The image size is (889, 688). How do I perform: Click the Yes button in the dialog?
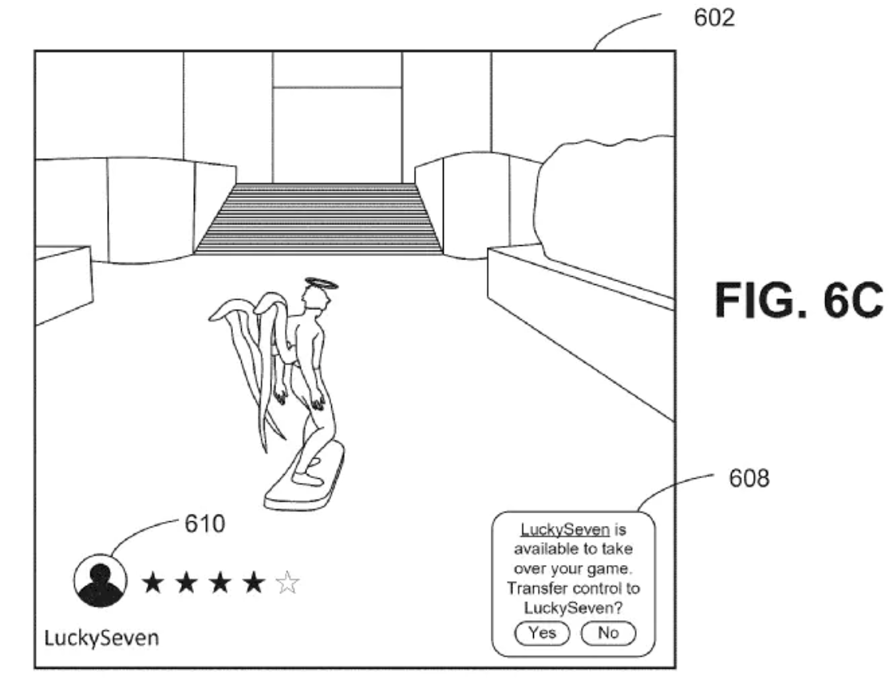click(x=541, y=633)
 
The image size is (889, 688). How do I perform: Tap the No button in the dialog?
click(x=608, y=633)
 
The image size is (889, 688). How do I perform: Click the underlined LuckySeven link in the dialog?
click(x=565, y=530)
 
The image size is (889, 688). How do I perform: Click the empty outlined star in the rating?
click(x=287, y=583)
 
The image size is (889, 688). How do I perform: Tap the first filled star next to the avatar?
click(x=152, y=583)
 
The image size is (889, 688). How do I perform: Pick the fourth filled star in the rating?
click(x=254, y=583)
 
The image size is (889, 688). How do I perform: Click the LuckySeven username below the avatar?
click(x=101, y=638)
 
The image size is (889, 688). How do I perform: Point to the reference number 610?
click(x=204, y=524)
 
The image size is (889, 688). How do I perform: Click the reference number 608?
click(x=749, y=478)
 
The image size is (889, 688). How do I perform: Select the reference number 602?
click(x=714, y=18)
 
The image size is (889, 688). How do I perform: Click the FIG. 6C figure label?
click(x=799, y=301)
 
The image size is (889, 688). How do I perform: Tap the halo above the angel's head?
click(x=322, y=283)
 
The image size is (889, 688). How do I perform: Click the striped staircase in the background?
click(x=318, y=219)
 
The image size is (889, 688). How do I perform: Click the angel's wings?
click(x=250, y=352)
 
